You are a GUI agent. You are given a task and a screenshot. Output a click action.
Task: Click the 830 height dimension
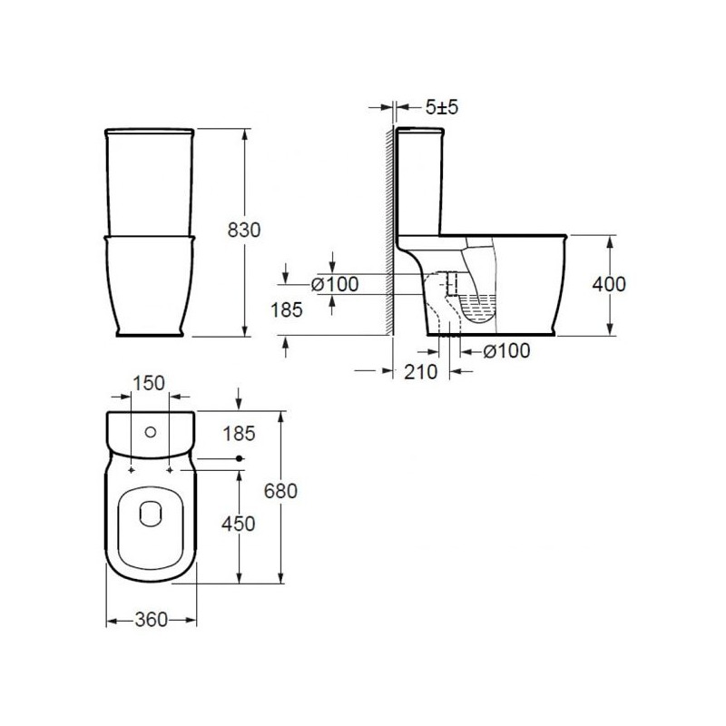point(243,231)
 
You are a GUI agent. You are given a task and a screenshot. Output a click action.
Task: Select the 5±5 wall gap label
point(442,107)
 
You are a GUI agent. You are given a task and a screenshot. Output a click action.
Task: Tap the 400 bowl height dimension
point(608,284)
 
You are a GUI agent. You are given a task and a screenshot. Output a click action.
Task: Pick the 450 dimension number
point(238,524)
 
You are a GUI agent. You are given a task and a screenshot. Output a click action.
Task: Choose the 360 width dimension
point(151,620)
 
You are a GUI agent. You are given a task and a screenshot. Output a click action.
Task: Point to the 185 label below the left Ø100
point(288,309)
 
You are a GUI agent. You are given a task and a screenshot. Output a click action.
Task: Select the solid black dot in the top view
point(239,459)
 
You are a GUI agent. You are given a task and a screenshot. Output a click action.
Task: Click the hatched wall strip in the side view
point(388,227)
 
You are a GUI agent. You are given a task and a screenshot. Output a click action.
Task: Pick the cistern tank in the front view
point(151,181)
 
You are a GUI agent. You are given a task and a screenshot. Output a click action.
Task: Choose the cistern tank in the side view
point(418,181)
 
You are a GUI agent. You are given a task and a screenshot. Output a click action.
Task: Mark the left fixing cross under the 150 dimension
point(132,470)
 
